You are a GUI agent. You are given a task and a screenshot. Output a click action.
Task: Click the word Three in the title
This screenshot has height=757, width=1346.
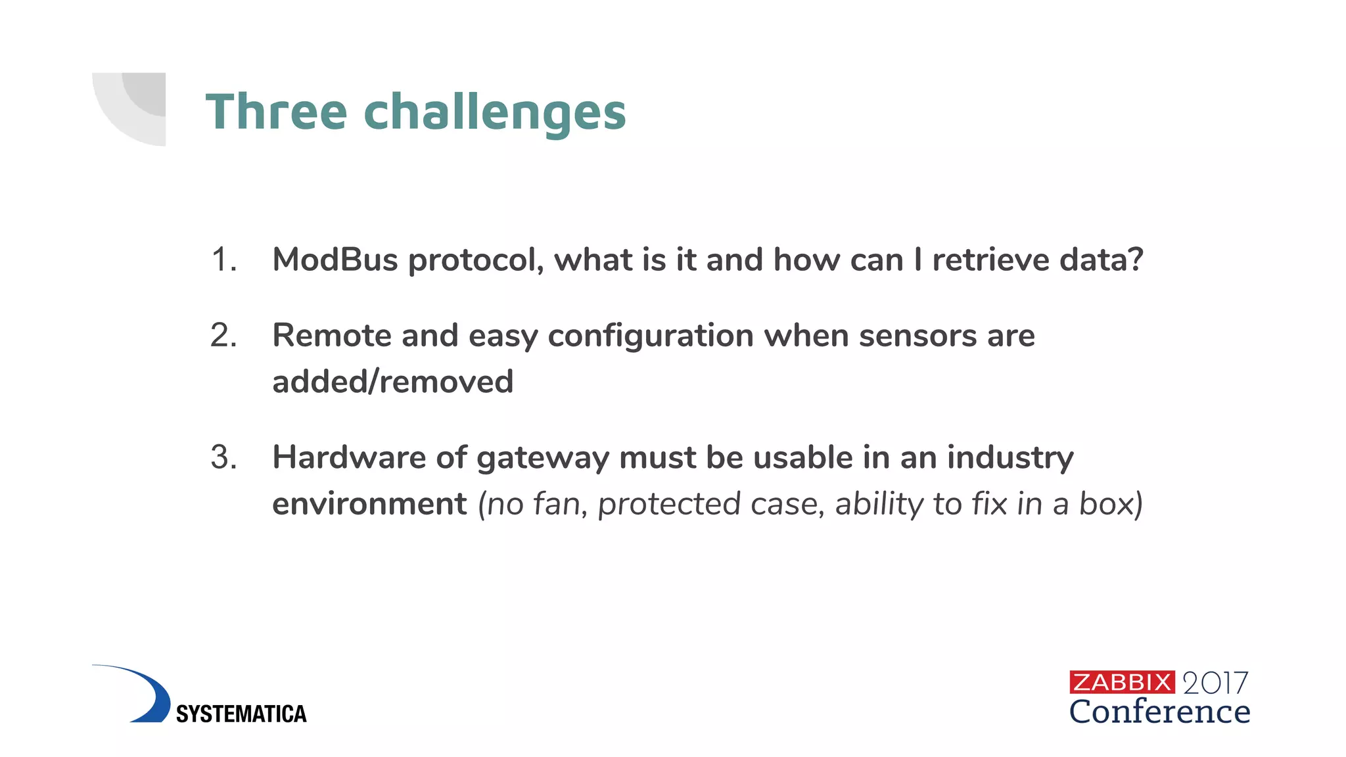(276, 112)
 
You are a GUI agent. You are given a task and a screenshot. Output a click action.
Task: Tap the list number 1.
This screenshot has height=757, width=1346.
(223, 260)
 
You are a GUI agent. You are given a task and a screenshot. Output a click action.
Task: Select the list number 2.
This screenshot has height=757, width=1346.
(223, 336)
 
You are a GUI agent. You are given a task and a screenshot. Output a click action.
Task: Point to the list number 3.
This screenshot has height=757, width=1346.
(223, 457)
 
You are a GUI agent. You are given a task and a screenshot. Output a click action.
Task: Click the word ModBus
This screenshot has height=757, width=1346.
(335, 260)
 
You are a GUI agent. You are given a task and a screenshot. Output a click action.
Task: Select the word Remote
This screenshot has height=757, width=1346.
(332, 336)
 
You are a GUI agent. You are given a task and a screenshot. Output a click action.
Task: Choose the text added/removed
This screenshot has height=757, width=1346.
(392, 382)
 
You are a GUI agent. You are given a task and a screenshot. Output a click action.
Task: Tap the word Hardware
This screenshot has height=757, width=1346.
(349, 457)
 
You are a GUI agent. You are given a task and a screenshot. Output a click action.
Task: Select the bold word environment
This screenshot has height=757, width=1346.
(369, 504)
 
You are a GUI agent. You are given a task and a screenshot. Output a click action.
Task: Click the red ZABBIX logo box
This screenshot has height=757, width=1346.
(1121, 682)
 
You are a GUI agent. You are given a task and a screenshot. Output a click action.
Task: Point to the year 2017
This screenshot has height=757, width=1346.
(1215, 683)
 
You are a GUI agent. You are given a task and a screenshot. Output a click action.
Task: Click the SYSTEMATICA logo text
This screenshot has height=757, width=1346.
(241, 714)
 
